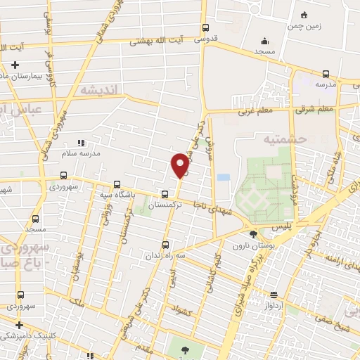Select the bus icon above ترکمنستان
point(165,194)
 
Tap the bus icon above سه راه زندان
point(165,245)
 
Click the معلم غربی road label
point(254,110)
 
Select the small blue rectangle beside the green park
point(224,177)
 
